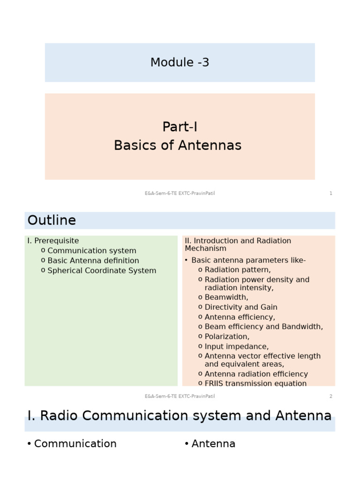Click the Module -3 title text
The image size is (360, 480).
coord(180,62)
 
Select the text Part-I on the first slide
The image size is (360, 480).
coord(180,127)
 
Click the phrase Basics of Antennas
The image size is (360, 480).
coord(178,145)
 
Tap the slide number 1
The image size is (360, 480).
coord(331,193)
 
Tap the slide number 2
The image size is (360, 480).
coord(331,396)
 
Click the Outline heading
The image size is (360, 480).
coord(52,220)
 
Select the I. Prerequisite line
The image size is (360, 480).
coord(53,241)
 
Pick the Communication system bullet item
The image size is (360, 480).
coord(92,251)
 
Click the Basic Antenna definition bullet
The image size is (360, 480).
coord(93,261)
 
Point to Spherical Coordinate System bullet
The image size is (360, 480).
coord(102,270)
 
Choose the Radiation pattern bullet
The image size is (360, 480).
coord(238,270)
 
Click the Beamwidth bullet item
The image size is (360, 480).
coord(226,297)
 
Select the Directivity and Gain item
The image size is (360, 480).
coord(241,307)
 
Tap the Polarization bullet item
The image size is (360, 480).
coord(227,337)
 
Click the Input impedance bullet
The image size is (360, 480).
coord(237,346)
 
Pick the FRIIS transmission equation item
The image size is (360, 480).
coord(255,383)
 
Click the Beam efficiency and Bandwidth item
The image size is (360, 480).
coord(263,327)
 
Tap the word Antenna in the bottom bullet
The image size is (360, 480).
coord(213,443)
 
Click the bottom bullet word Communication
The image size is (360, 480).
coord(75,443)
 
